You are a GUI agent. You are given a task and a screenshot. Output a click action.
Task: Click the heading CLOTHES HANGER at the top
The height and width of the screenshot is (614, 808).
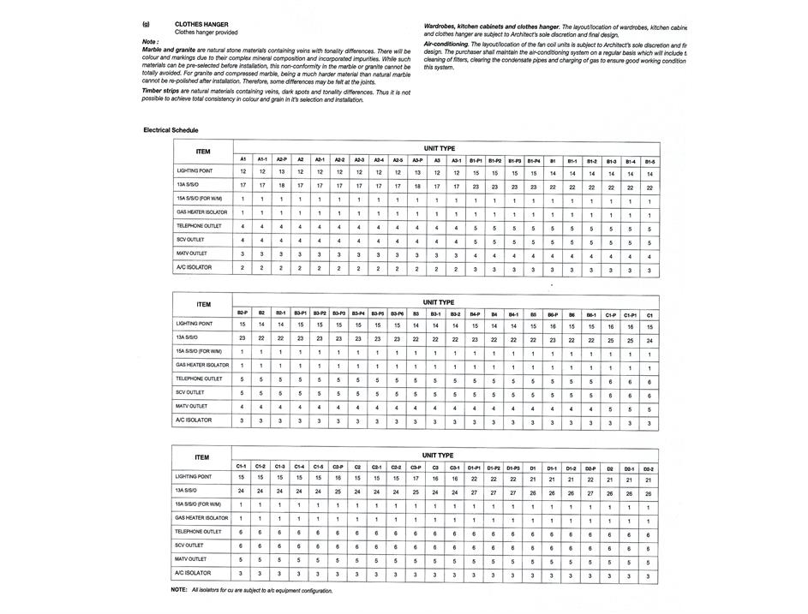(x=201, y=24)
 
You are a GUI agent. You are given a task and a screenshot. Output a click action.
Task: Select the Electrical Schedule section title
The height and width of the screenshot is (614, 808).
(x=171, y=130)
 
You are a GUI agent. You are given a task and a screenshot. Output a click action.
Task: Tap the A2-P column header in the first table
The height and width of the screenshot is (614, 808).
(x=281, y=160)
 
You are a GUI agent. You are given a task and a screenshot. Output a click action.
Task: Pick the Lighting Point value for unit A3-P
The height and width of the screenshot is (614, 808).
(x=417, y=172)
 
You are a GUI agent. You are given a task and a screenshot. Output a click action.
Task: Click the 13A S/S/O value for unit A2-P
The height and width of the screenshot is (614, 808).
(x=281, y=186)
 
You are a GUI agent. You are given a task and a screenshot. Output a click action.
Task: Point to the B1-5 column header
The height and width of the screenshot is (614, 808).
(x=649, y=161)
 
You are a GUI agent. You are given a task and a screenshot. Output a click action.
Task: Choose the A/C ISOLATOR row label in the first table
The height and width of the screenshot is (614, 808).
(x=194, y=268)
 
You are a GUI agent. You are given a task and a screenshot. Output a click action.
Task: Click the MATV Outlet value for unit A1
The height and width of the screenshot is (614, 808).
(x=242, y=254)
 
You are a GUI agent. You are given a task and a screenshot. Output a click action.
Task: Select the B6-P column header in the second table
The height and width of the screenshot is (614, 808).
(x=553, y=314)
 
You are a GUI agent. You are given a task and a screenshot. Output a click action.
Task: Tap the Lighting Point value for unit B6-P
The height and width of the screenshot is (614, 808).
(x=553, y=326)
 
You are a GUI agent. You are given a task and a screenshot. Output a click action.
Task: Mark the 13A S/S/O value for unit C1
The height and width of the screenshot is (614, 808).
(x=649, y=340)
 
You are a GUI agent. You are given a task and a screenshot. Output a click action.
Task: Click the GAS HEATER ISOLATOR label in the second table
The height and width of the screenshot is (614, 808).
(x=202, y=365)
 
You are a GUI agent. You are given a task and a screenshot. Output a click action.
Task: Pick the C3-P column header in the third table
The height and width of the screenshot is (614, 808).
(x=416, y=467)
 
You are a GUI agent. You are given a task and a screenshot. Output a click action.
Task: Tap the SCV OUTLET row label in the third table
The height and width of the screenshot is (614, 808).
(x=189, y=545)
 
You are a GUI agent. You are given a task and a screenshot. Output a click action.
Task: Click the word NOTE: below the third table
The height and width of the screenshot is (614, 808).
(x=179, y=590)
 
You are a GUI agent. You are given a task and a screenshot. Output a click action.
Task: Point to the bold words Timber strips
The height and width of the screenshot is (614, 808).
(x=160, y=90)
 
